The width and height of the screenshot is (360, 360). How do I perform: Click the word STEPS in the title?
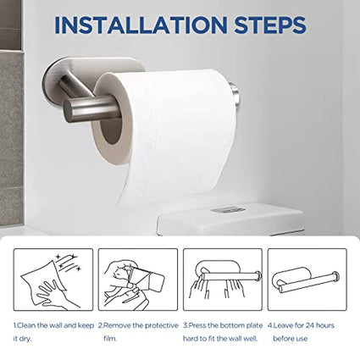[x=270, y=25]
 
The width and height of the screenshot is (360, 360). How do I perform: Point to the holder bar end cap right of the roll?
[x=234, y=92]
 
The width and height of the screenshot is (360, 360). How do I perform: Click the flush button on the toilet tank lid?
[x=228, y=209]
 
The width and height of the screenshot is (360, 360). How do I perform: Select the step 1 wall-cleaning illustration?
[x=53, y=280]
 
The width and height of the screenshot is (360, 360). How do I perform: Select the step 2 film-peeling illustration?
[x=138, y=280]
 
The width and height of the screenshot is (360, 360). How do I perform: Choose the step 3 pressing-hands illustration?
[x=223, y=280]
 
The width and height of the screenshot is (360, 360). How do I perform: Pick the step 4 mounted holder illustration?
[x=307, y=280]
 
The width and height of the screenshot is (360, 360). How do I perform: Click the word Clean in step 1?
[x=26, y=325]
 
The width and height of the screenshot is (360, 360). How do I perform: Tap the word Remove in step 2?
[x=117, y=325]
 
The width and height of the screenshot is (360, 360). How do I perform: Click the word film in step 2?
[x=110, y=338]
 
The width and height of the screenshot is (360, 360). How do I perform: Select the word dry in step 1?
[x=26, y=339]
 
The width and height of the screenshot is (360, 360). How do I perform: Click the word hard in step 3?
[x=191, y=338]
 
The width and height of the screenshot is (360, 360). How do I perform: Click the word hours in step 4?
[x=325, y=325]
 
